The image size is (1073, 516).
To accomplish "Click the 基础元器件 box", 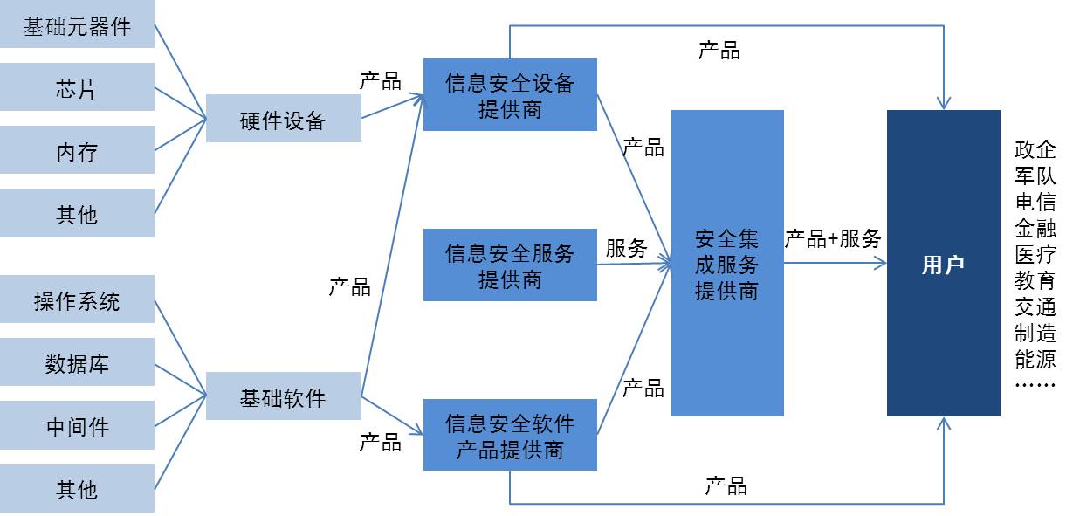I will (x=77, y=26).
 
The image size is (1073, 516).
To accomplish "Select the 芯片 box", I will (x=77, y=88).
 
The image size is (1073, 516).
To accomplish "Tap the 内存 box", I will (x=77, y=151).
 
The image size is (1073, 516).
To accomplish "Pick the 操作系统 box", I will (x=77, y=301).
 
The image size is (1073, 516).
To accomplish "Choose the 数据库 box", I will (x=77, y=363).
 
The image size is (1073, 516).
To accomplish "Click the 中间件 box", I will (x=77, y=426).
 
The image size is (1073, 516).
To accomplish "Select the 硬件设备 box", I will (x=283, y=120).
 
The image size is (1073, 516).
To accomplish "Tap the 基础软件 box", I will (x=283, y=397).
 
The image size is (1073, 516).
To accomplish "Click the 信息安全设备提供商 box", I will (x=510, y=95).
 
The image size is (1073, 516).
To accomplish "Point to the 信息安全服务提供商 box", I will (x=510, y=265).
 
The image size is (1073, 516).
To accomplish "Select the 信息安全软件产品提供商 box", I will (x=510, y=436).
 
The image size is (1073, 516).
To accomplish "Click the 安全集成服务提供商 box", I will (x=726, y=264).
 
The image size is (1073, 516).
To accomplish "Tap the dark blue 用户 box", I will (x=943, y=264).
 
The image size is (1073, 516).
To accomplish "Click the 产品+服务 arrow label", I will (x=833, y=238).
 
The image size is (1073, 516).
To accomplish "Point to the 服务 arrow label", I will (x=627, y=248).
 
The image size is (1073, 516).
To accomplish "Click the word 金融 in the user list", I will (x=1035, y=229).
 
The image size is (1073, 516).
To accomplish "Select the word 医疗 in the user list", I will (x=1035, y=255).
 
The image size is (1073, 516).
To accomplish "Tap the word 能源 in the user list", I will (x=1035, y=359).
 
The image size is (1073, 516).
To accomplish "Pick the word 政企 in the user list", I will (x=1035, y=149).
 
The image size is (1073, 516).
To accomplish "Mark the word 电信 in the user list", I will (x=1035, y=202).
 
